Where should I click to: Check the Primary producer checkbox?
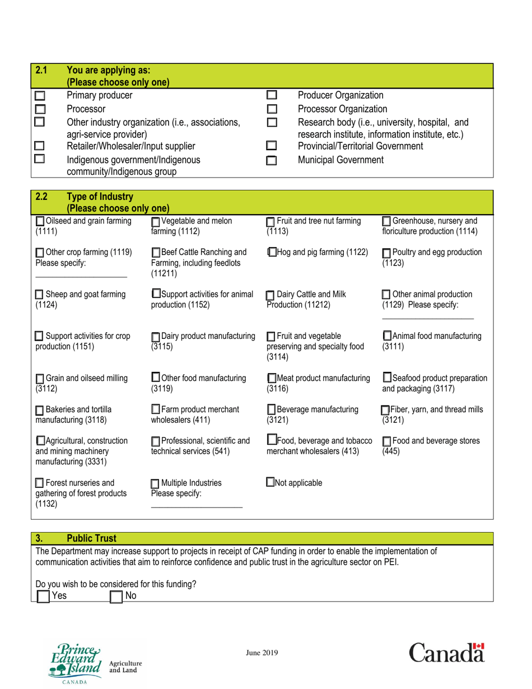(40, 95)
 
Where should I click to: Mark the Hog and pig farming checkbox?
(273, 253)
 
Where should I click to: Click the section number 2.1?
(41, 71)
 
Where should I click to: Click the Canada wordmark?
(446, 653)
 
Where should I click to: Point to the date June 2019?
(262, 653)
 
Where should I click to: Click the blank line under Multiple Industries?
(197, 506)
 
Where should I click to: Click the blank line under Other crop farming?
(81, 277)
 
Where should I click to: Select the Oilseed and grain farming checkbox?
(40, 221)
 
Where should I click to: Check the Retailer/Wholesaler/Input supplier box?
(40, 147)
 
